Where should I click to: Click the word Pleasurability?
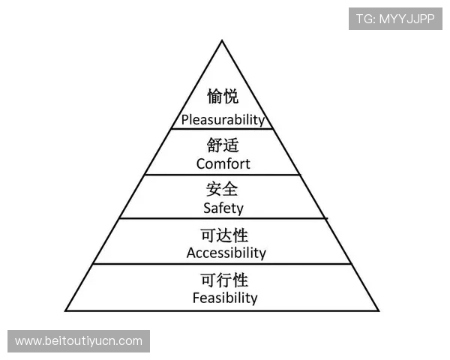223,119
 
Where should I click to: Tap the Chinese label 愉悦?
223,97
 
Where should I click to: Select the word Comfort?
223,163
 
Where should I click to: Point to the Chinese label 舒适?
223,144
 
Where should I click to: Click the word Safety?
223,208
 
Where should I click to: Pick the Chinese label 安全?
223,189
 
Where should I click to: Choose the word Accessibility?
226,253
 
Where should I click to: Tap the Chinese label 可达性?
225,235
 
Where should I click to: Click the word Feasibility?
224,298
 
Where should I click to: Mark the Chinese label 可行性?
224,280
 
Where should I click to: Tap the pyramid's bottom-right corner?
379,310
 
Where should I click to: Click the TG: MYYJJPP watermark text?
395,18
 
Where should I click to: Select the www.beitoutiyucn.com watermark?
78,341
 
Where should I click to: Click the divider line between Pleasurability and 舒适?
223,129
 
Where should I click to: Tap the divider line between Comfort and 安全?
223,175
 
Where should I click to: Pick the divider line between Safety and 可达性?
223,219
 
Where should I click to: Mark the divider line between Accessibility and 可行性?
223,264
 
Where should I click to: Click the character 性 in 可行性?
240,280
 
